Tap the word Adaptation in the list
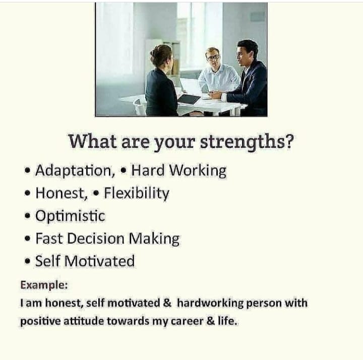coord(73,170)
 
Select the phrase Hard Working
coord(178,170)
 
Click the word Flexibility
coord(137,194)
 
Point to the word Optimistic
coord(70,216)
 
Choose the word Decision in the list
coord(96,238)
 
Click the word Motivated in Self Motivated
coord(99,261)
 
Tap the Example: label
coord(44,285)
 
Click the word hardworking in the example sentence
coord(210,304)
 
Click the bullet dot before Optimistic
coord(28,216)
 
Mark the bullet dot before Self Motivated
coord(28,261)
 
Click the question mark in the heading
coord(289,141)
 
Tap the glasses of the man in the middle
coord(213,56)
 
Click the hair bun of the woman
coord(153,52)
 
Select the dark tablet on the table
coord(189,99)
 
